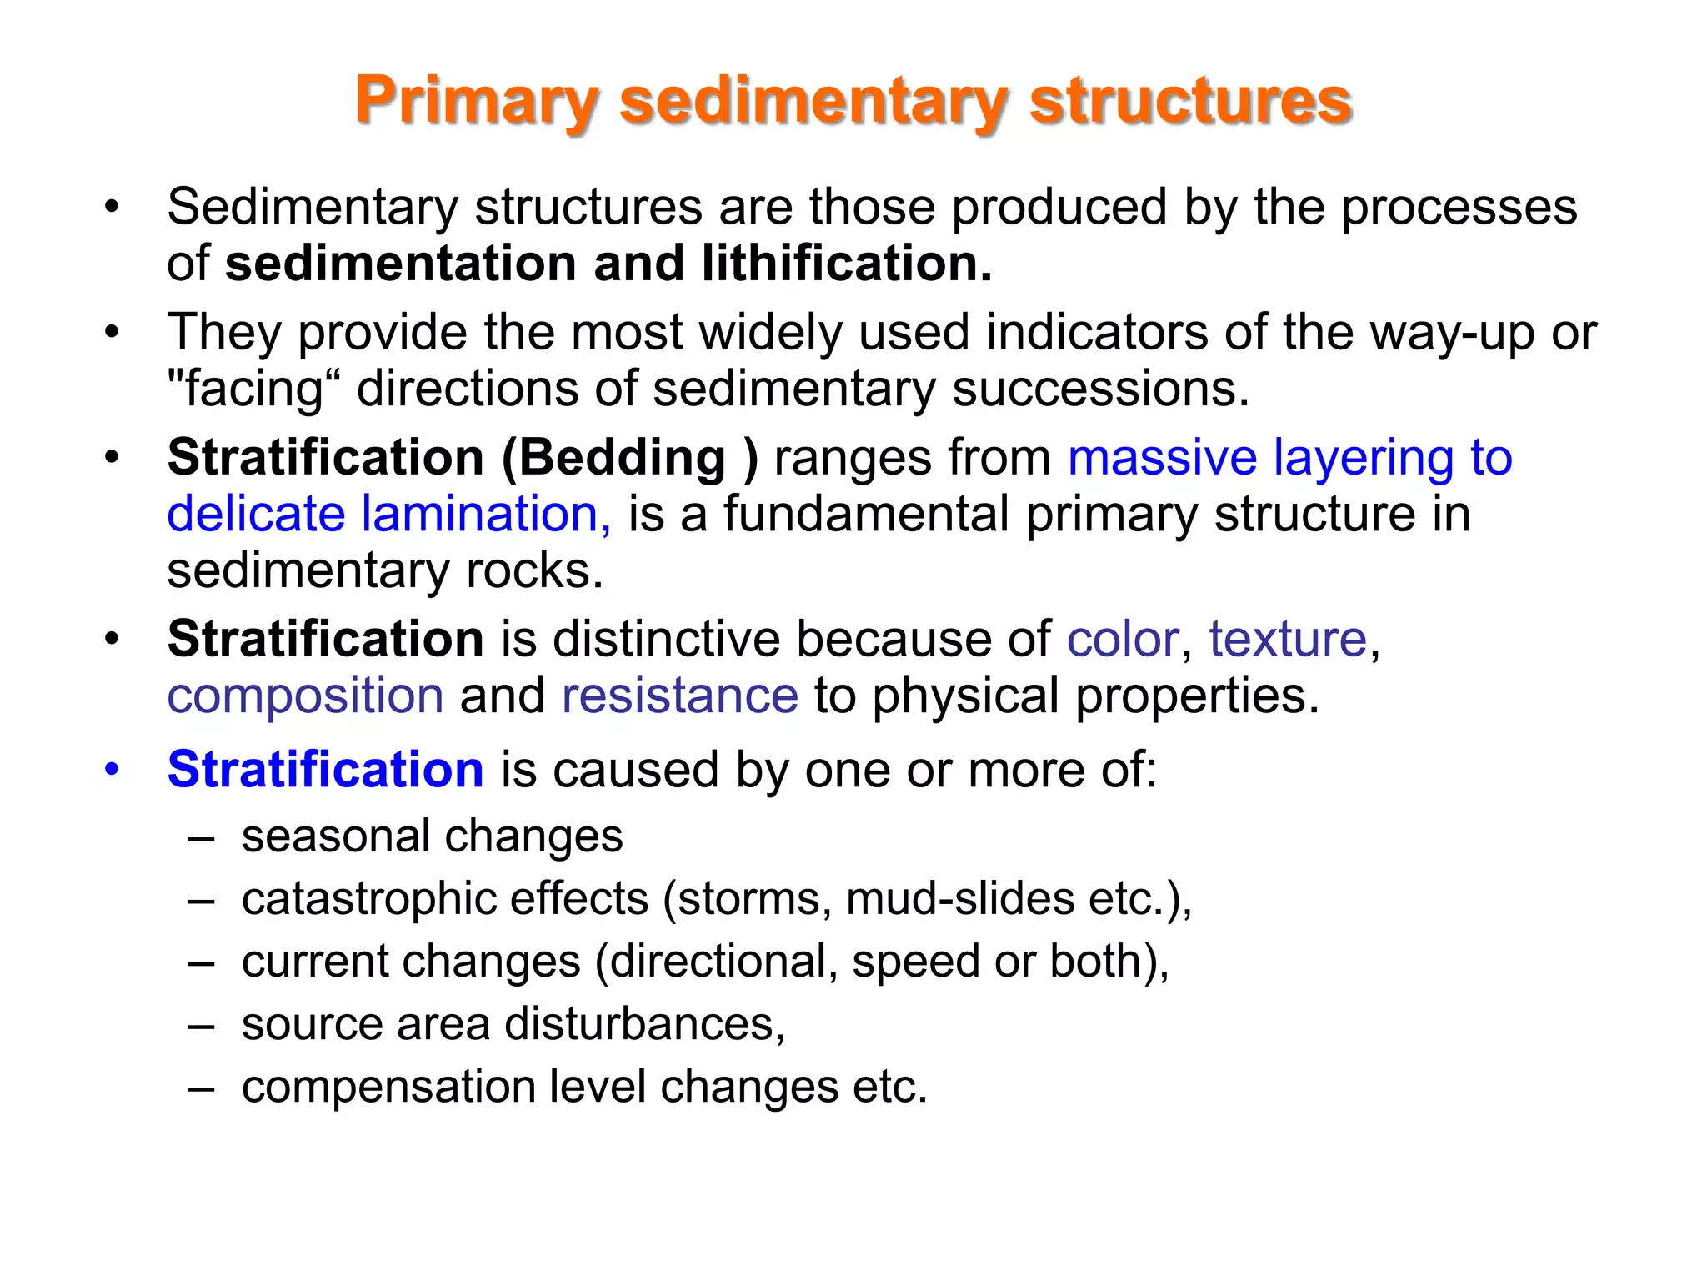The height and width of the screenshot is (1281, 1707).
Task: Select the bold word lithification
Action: point(847,264)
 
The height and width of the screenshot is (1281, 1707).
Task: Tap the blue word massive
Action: point(1162,458)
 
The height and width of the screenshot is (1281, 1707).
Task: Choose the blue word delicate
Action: point(256,514)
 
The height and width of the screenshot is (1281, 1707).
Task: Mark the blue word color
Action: point(1123,640)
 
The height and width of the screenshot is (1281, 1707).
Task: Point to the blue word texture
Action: point(1288,640)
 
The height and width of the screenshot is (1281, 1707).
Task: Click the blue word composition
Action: point(305,696)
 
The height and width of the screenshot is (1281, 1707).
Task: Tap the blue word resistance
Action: point(680,696)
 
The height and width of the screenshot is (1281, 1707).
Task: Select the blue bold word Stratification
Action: point(325,769)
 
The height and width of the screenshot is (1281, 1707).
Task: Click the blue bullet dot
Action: point(112,769)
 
